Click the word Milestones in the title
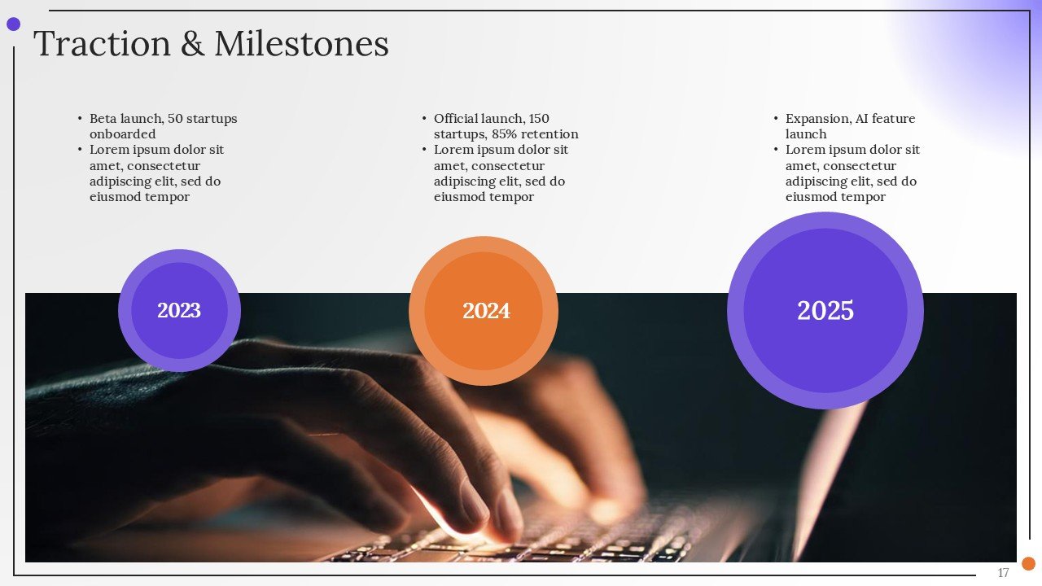tap(301, 44)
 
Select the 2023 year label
tap(179, 310)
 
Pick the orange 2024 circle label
tap(486, 310)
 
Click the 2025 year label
tap(825, 310)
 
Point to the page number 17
tap(1003, 573)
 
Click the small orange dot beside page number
tap(1028, 563)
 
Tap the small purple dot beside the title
tap(13, 24)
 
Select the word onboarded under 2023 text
tap(122, 134)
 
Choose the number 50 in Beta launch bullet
tap(175, 119)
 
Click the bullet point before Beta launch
tap(80, 119)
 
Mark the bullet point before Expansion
tap(776, 119)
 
